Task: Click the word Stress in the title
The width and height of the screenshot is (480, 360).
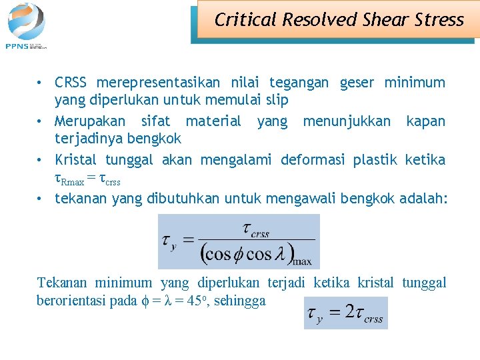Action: coord(439,20)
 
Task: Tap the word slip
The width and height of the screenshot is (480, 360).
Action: coord(277,101)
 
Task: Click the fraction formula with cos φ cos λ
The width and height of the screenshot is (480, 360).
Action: coord(238,241)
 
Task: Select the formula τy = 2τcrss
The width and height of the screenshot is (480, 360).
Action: coord(345,313)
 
